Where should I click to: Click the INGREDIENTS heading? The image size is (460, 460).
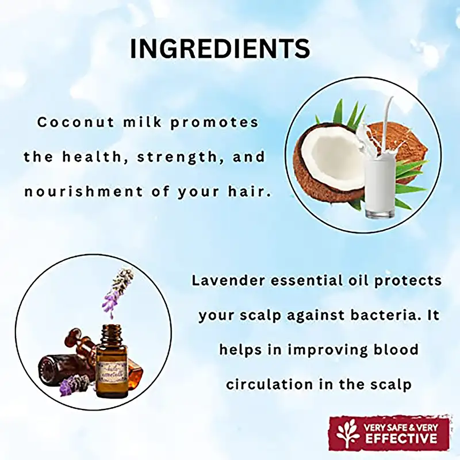[x=220, y=48]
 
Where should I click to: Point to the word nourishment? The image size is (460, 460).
[x=83, y=192]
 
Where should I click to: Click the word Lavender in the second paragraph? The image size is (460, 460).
[x=228, y=281]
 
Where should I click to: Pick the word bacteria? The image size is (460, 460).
[x=382, y=315]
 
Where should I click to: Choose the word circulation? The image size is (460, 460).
[x=270, y=384]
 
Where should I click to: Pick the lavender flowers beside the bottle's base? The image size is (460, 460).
[x=75, y=384]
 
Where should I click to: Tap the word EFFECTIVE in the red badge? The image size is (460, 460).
[x=401, y=439]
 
